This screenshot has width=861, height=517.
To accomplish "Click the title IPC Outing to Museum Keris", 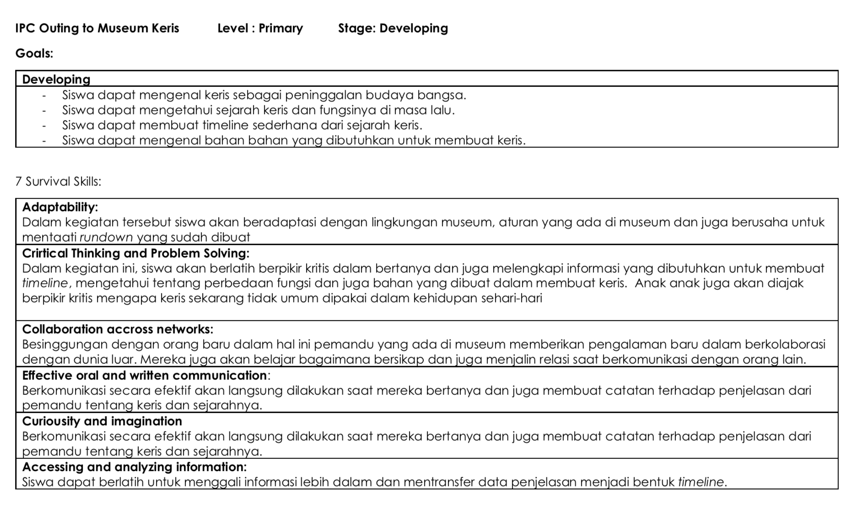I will (x=97, y=28).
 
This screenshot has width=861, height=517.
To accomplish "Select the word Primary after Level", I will (x=280, y=28).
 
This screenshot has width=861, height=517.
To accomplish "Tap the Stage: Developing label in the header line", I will (x=393, y=28).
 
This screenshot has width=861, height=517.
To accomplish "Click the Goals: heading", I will (x=34, y=54).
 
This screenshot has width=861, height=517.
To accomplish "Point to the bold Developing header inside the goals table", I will (x=56, y=79).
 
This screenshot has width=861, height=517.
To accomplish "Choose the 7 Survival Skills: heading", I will (x=58, y=182).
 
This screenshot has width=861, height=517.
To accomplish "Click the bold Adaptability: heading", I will (x=60, y=207).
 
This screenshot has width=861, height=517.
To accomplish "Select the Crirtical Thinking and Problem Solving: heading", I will (x=136, y=253).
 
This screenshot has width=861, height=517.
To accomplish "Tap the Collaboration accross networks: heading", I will (x=118, y=329).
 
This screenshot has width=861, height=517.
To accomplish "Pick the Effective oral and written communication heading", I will (x=145, y=376).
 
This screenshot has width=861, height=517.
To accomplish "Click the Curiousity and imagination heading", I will (x=102, y=421).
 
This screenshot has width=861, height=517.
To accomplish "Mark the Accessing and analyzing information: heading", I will (x=134, y=467).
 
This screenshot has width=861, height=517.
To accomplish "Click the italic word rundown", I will (x=106, y=237).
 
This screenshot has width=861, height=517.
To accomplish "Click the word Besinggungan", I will (x=65, y=345).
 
